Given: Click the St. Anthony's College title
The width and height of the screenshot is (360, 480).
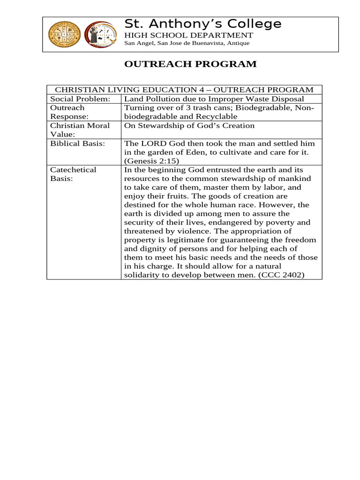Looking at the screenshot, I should tap(202, 23).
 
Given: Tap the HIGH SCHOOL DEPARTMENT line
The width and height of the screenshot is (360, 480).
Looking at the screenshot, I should tap(188, 36).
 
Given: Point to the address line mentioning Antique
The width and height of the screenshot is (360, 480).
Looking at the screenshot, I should tap(187, 43).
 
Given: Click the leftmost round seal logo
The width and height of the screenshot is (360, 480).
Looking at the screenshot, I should tap(65, 34).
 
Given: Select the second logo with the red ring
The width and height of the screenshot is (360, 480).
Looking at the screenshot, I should tap(102, 35).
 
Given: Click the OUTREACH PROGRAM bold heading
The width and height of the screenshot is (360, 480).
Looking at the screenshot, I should tap(190, 64).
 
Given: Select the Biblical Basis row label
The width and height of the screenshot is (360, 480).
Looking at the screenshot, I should tap(77, 143).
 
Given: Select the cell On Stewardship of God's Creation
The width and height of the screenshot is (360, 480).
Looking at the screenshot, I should tap(189, 126).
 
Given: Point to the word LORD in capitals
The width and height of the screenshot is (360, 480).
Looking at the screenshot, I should tap(150, 143).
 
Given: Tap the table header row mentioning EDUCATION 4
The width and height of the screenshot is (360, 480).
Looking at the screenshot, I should tap(184, 90).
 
